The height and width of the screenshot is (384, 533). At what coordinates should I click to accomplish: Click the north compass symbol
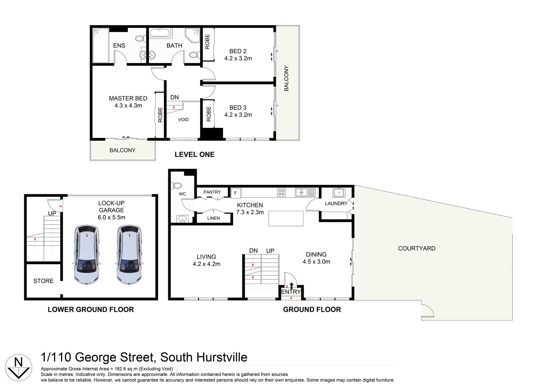[19, 367]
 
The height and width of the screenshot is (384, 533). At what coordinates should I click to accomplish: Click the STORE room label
[43, 281]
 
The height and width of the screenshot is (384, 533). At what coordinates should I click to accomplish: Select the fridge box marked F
[236, 193]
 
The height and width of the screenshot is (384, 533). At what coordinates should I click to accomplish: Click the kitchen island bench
[286, 218]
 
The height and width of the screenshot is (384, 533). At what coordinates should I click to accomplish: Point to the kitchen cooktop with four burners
[281, 192]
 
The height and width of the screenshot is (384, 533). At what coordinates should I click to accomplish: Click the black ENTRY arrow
[291, 286]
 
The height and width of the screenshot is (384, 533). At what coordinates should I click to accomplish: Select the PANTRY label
[212, 192]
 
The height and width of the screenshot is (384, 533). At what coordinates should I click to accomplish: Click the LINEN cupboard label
[213, 218]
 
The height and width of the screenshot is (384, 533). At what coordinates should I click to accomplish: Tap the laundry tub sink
[339, 192]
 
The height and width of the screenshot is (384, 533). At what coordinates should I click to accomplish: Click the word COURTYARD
[416, 248]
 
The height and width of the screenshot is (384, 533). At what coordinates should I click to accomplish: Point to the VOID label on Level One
[183, 120]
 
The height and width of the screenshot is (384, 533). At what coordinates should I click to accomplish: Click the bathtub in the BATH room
[160, 33]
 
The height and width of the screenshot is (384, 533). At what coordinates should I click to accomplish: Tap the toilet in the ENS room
[140, 38]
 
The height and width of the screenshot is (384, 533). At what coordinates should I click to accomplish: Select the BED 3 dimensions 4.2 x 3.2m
[238, 115]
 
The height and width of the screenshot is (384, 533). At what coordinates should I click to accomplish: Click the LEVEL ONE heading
[194, 155]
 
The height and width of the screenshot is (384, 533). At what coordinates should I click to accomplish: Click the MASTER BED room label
[128, 98]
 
